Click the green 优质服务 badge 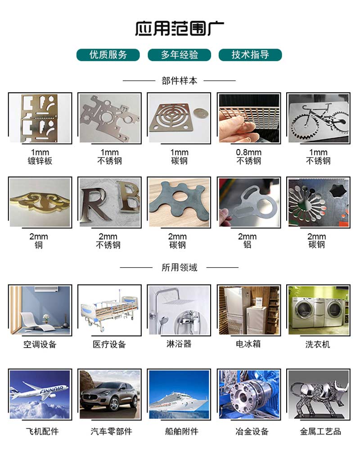pos(108,55)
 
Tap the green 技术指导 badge pos(250,55)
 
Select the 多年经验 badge pos(179,55)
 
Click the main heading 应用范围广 pos(180,28)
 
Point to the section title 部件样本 pos(179,81)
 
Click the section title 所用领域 pos(179,267)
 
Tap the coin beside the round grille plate pos(199,113)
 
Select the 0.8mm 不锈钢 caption pos(249,157)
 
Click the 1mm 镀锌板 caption pos(40,157)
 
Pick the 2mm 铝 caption pos(247,241)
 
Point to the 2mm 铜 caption pos(39,241)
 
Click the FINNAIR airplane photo pos(40,394)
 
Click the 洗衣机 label pos(318,344)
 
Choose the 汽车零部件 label pos(111,432)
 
